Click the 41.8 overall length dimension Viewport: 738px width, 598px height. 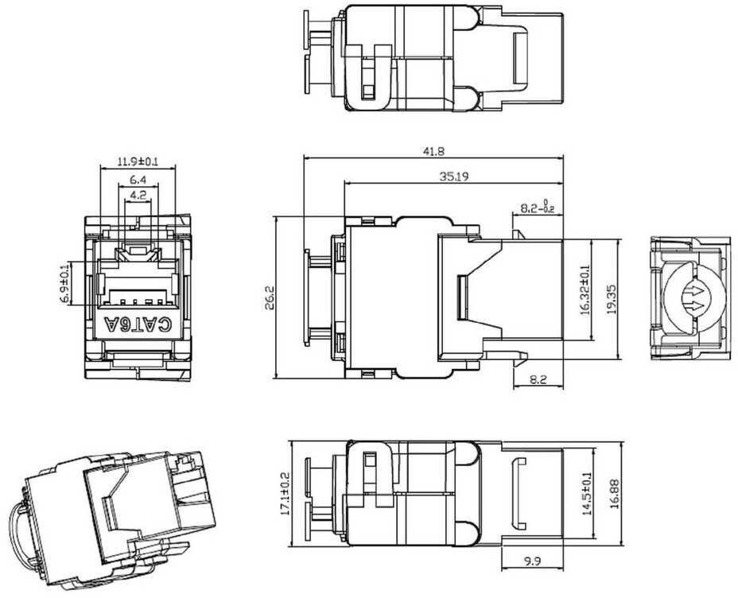pos(433,151)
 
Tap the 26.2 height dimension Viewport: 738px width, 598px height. pos(268,298)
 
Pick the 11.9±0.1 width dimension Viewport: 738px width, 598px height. pos(138,162)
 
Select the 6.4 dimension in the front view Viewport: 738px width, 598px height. pos(138,179)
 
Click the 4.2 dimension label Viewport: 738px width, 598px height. pos(138,194)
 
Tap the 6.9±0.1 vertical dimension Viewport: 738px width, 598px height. pos(65,283)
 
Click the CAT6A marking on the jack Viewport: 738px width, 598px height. pos(138,324)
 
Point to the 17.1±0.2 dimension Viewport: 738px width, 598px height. pos(285,494)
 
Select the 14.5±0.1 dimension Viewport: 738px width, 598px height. pos(588,494)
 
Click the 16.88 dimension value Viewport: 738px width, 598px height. pos(613,494)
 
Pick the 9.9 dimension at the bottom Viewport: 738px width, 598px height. pos(532,561)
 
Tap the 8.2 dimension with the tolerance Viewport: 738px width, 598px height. pos(537,207)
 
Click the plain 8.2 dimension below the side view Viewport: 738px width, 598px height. pos(538,379)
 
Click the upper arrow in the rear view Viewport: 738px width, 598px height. pos(696,292)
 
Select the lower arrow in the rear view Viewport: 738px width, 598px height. pos(696,307)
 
